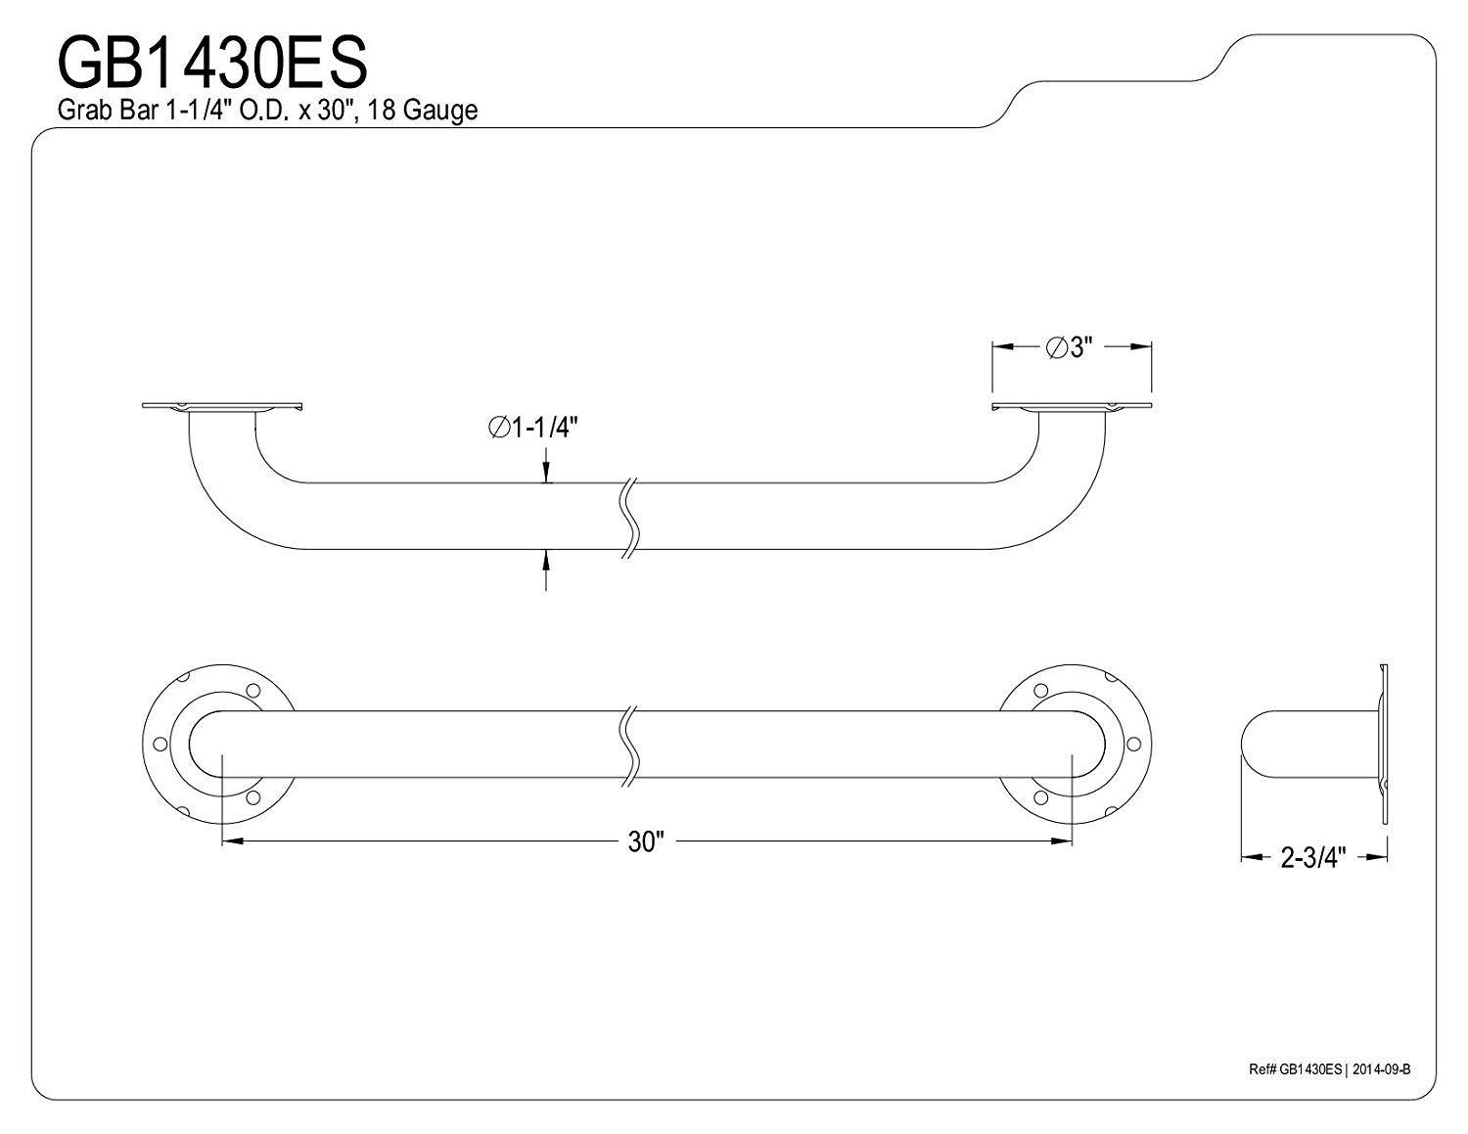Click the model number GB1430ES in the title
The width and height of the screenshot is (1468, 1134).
point(212,62)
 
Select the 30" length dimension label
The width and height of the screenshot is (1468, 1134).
point(646,841)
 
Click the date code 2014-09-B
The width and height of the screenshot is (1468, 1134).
point(1380,1068)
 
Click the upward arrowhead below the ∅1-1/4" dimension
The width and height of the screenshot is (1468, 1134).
point(545,558)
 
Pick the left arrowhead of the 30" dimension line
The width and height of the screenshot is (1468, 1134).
point(231,841)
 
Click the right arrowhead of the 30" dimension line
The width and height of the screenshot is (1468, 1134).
point(1065,841)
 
